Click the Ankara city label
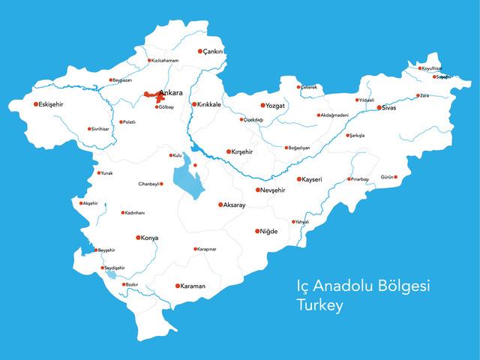[x=172, y=94]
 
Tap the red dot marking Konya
[x=138, y=238]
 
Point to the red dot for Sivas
[x=379, y=107]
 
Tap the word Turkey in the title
[x=319, y=306]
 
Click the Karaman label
[x=193, y=286]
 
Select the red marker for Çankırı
[x=200, y=52]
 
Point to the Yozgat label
[x=279, y=106]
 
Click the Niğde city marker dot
[x=257, y=231]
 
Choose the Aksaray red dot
[x=220, y=204]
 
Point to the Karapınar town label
[x=206, y=249]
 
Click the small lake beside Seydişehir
[x=110, y=274]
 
